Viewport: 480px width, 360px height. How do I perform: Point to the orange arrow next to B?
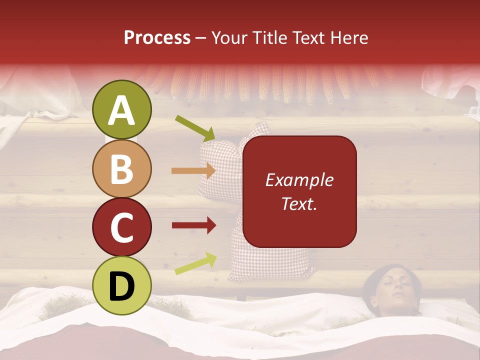pyautogui.click(x=193, y=171)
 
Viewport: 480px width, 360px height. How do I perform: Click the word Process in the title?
pyautogui.click(x=157, y=37)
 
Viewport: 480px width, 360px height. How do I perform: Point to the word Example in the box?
pyautogui.click(x=299, y=180)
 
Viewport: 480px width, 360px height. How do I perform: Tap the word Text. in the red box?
pyautogui.click(x=299, y=203)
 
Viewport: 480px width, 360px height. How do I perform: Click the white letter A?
pyautogui.click(x=122, y=110)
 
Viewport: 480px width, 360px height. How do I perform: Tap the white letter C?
pyautogui.click(x=122, y=227)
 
